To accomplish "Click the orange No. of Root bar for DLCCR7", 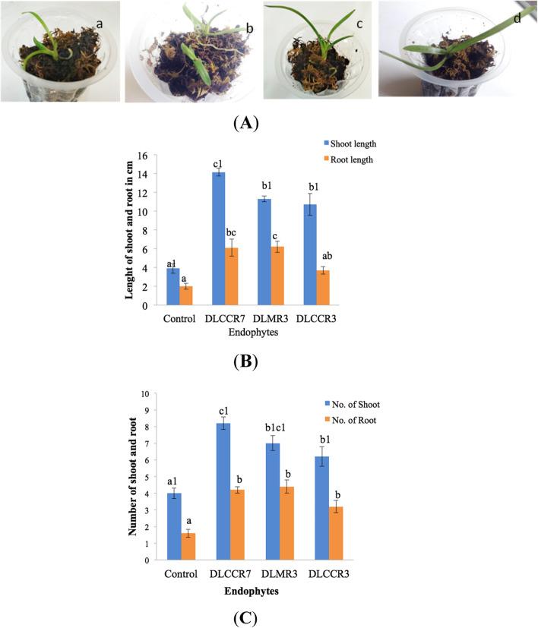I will pos(238,525).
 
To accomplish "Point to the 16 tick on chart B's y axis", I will pos(141,155).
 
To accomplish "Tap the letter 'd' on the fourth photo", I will pos(517,17).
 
